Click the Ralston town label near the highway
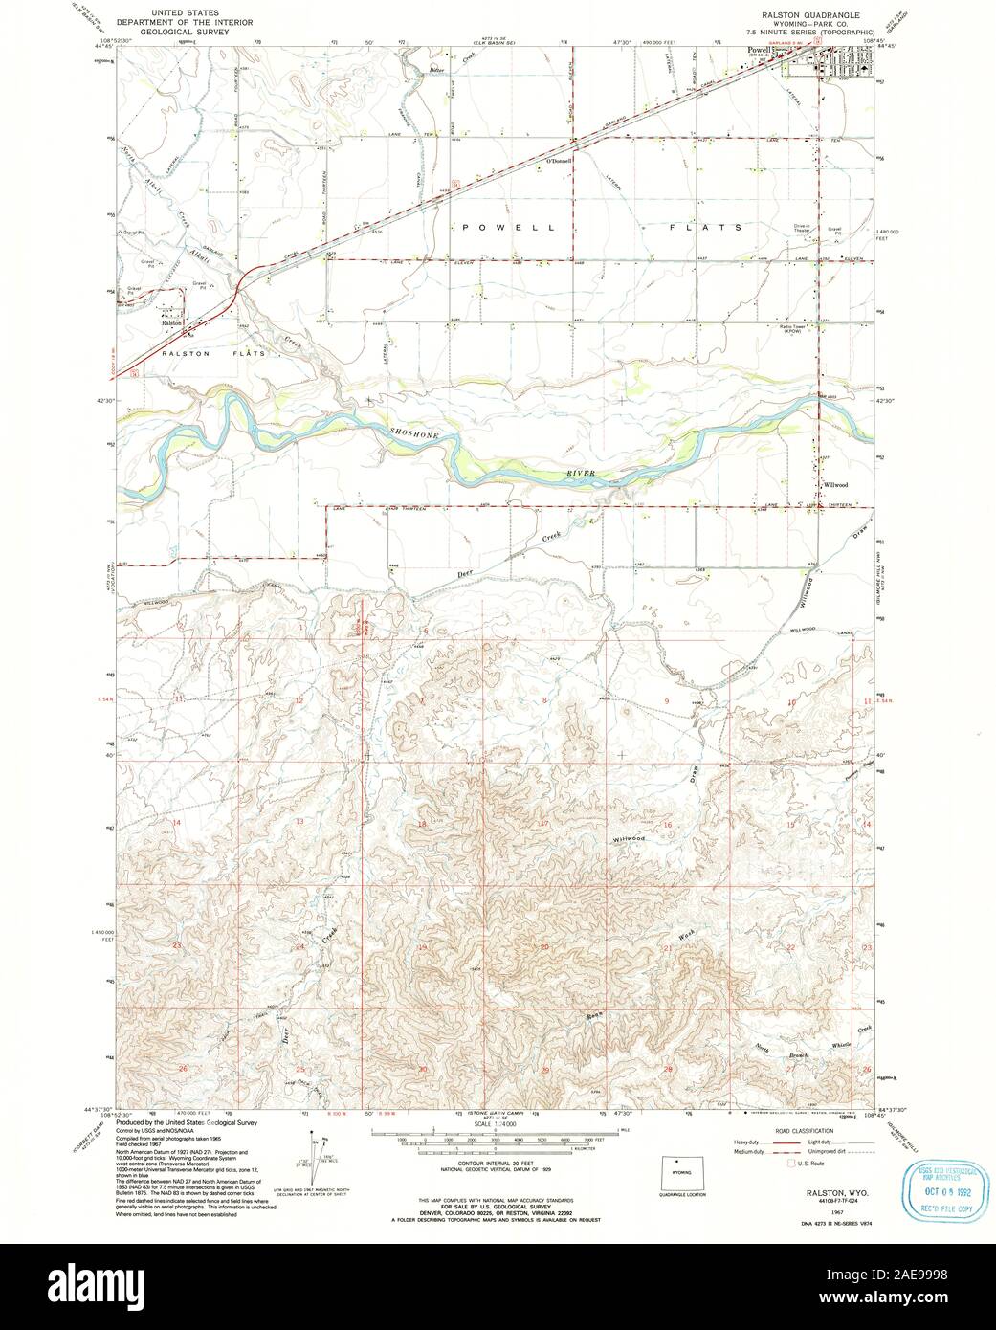click(172, 323)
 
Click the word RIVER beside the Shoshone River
click(580, 473)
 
